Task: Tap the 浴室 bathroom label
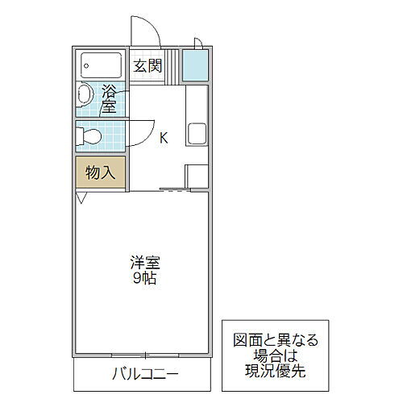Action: tap(109, 99)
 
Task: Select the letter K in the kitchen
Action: tap(163, 137)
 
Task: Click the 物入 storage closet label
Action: tap(102, 172)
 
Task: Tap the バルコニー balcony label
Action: tap(145, 375)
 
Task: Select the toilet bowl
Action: tap(88, 136)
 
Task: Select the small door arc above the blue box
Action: tap(197, 42)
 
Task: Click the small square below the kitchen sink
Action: tap(197, 176)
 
